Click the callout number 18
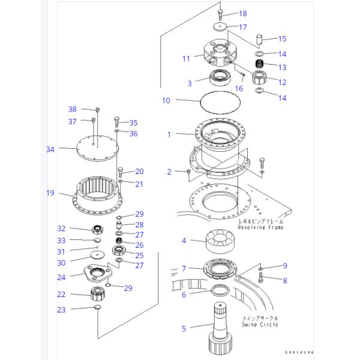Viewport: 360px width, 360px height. (x=226, y=13)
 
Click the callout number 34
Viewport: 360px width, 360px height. (x=50, y=149)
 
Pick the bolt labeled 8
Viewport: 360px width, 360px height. (x=262, y=278)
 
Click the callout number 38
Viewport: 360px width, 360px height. (x=72, y=109)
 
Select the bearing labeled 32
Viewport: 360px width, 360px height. (x=96, y=230)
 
